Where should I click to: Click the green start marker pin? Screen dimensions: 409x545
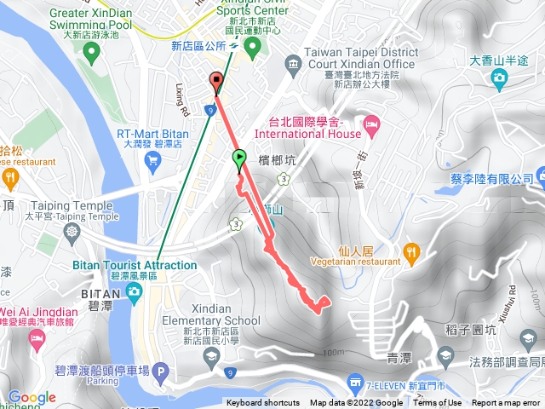coord(239,158)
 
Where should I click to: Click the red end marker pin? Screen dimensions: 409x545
coord(215,83)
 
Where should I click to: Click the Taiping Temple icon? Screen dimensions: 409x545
coord(73,232)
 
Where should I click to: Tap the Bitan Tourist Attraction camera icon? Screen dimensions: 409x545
coord(134,293)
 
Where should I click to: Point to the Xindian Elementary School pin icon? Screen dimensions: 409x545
coord(211,354)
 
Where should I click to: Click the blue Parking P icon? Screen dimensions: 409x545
coord(162,372)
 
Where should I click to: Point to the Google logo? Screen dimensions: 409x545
coord(32,397)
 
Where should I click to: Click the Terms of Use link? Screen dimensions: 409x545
coord(438,403)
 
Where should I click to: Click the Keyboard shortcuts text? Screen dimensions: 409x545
coord(263,403)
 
